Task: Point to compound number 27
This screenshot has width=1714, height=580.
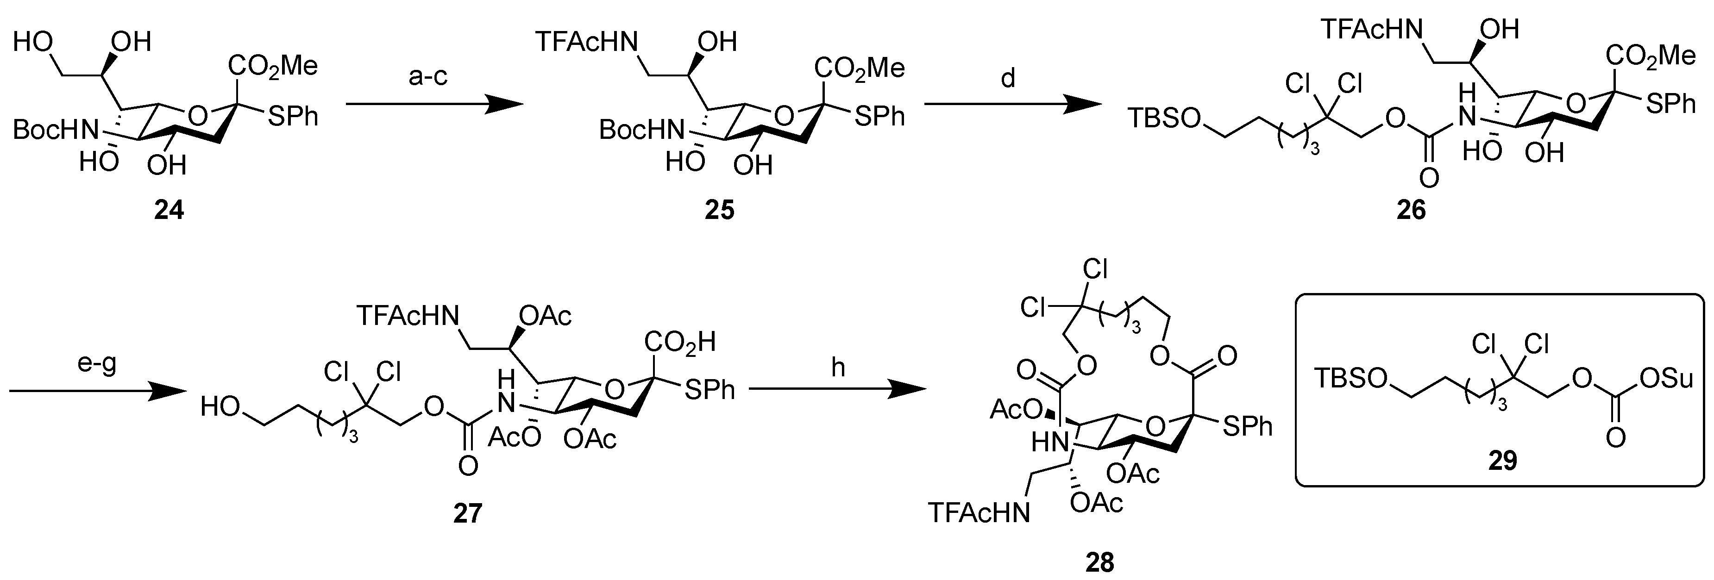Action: pyautogui.click(x=468, y=513)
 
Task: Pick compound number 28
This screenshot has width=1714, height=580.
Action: pyautogui.click(x=1099, y=562)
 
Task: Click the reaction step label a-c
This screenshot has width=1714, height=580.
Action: pyautogui.click(x=428, y=77)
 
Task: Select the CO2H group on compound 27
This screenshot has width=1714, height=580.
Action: pyautogui.click(x=679, y=343)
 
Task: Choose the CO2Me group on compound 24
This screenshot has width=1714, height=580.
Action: pyautogui.click(x=273, y=66)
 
